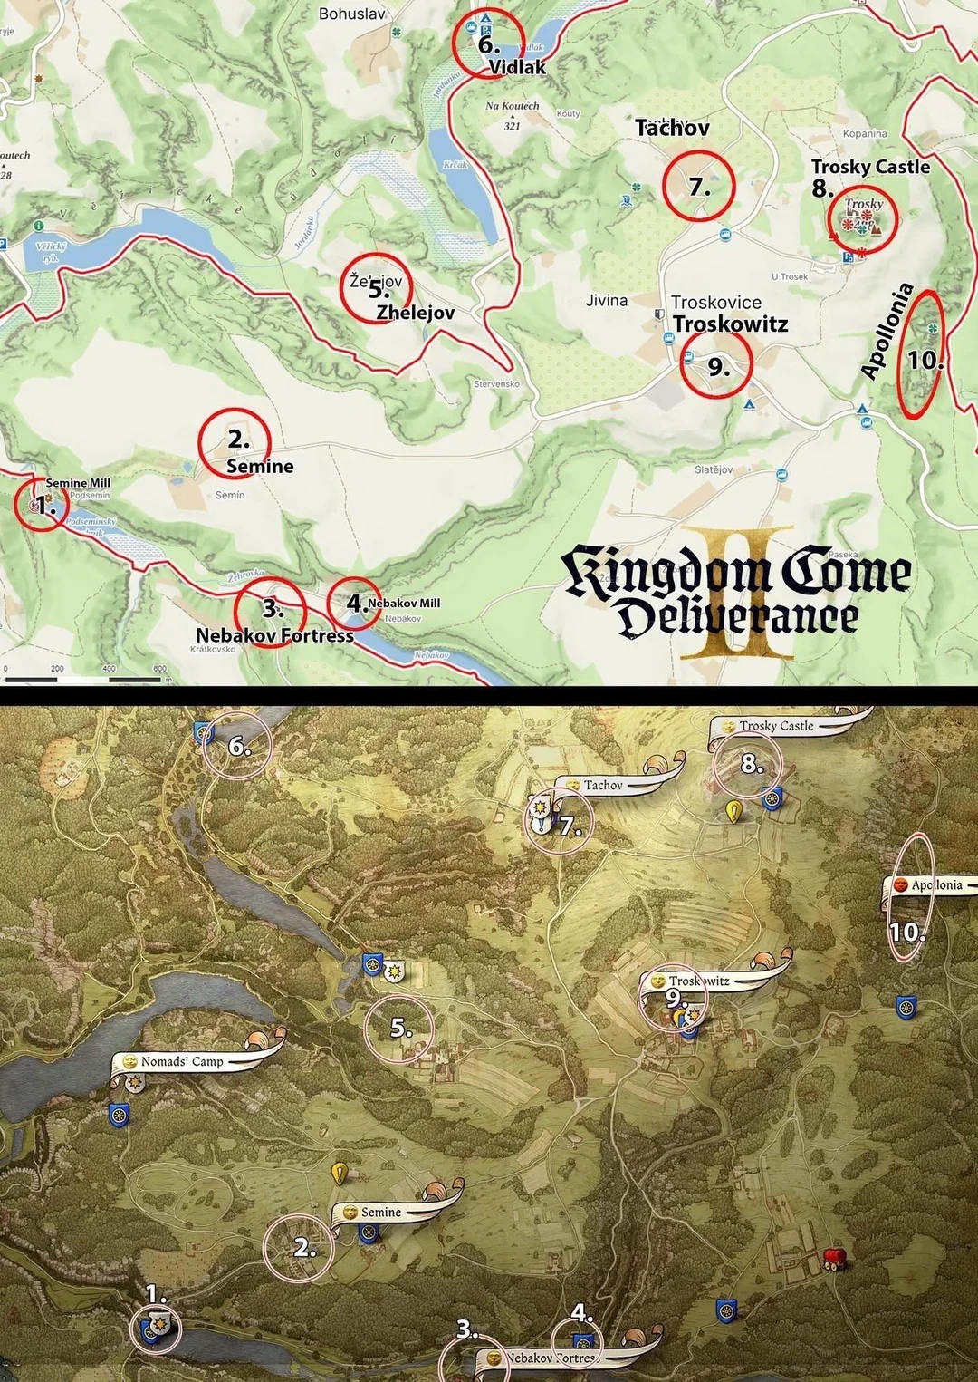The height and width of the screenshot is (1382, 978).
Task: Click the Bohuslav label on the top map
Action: coord(352,14)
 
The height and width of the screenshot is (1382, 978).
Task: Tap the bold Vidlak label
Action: coord(517,67)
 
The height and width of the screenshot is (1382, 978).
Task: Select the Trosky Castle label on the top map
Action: coord(870,167)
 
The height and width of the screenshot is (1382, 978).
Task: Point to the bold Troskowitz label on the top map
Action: coord(730,324)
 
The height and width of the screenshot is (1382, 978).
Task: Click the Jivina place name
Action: coord(607,300)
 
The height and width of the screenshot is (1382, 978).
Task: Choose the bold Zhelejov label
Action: coord(416,313)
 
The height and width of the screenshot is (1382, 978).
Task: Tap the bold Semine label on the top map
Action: coord(260,467)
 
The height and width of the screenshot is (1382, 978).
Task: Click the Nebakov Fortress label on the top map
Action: coord(274,635)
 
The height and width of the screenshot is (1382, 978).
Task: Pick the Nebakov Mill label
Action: coord(404,603)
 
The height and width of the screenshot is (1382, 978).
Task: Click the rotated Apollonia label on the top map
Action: coord(887,332)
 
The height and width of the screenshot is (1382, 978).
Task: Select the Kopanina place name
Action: coord(865,133)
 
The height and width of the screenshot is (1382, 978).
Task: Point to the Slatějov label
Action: coord(714,469)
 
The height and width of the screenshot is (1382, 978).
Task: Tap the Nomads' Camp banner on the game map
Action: coord(182,1061)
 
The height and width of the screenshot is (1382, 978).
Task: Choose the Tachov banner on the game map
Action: coord(603,786)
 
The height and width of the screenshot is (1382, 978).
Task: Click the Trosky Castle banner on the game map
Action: coord(776,726)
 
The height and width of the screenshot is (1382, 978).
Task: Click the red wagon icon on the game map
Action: coord(833,1258)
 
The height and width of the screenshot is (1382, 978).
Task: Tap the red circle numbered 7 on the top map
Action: coord(698,186)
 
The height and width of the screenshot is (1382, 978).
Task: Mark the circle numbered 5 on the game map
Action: coord(399,1029)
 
